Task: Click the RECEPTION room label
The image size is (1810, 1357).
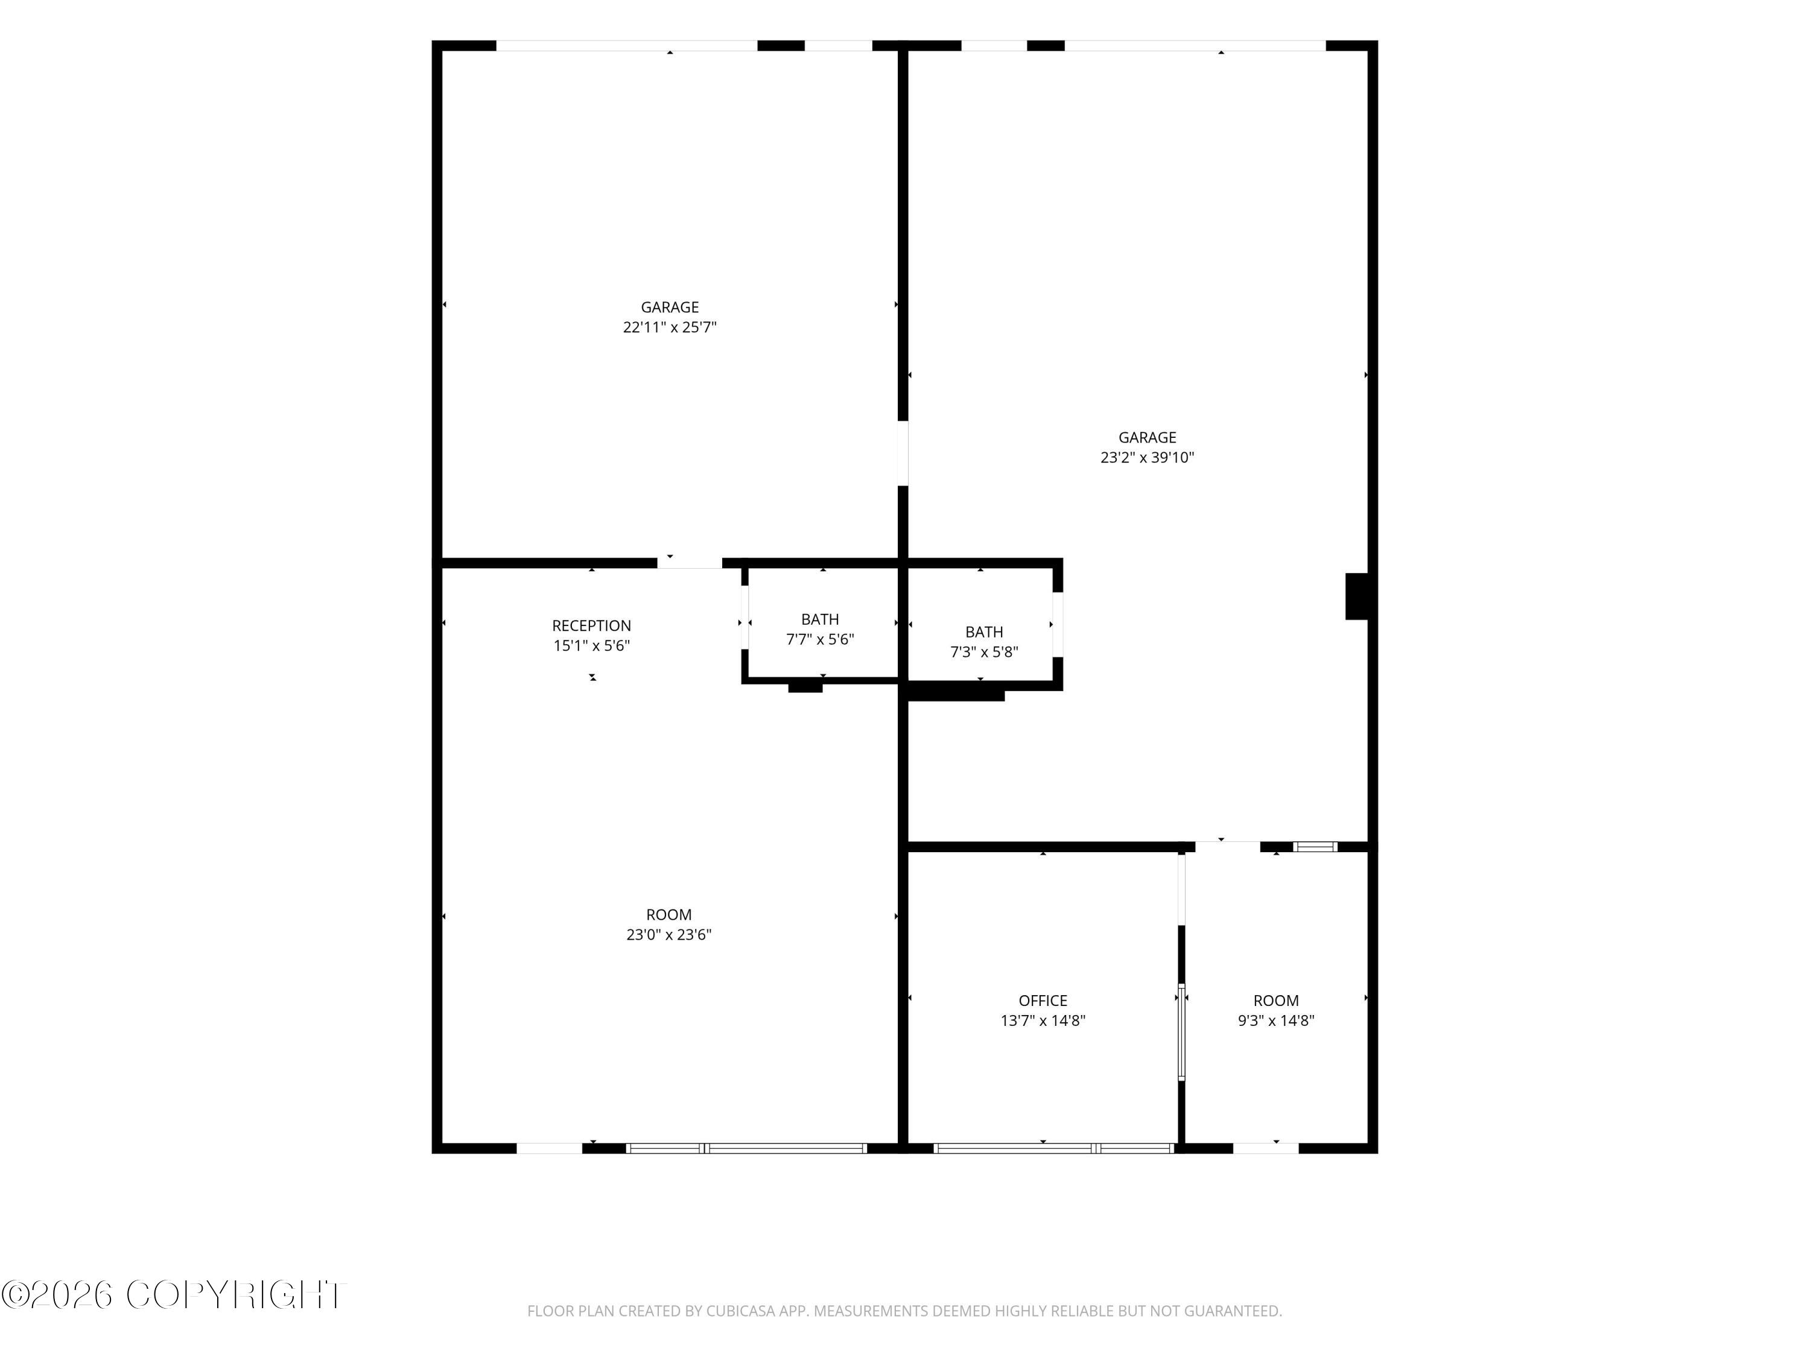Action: click(x=592, y=626)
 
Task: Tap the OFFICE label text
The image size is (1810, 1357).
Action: click(x=1043, y=1001)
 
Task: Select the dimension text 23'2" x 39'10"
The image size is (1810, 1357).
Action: click(x=1147, y=457)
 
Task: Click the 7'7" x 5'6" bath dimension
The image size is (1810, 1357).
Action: click(x=820, y=640)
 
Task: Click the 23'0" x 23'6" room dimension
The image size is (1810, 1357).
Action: click(x=668, y=934)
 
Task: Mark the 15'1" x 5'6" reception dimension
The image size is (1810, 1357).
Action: click(x=592, y=645)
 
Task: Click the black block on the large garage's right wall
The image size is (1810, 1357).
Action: click(x=1357, y=596)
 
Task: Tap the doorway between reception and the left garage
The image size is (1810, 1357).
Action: click(x=690, y=563)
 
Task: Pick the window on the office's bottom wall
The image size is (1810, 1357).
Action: click(x=1054, y=1148)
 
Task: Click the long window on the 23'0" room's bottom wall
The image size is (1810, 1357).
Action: click(x=746, y=1148)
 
